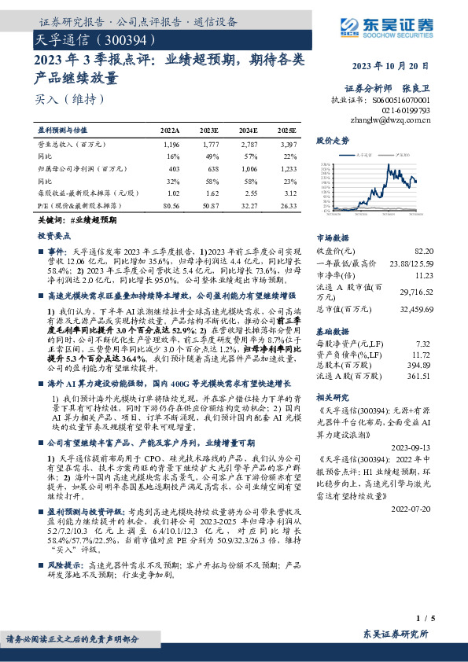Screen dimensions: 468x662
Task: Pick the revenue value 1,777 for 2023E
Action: [x=210, y=145]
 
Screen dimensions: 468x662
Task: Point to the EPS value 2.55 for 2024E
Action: [x=249, y=193]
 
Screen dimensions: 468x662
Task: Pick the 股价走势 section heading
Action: [x=332, y=141]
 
